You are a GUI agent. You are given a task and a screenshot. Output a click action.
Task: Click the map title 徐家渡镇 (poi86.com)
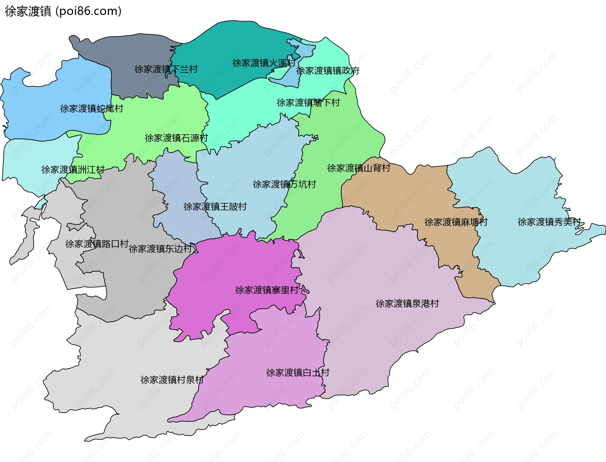click(x=63, y=11)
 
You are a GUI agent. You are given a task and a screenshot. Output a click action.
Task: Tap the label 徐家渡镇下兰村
click(x=166, y=69)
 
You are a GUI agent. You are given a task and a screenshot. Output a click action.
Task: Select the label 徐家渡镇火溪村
click(x=264, y=63)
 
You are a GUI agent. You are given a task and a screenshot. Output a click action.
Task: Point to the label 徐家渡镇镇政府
click(x=328, y=71)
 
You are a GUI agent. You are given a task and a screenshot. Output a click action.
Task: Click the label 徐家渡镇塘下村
click(x=308, y=103)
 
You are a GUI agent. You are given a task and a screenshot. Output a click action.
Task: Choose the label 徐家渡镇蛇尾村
click(x=92, y=109)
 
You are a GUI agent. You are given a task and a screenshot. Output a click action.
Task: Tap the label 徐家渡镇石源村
click(x=176, y=138)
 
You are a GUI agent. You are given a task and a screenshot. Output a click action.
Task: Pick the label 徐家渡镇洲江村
click(x=73, y=170)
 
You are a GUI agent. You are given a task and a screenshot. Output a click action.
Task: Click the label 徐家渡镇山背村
click(x=359, y=168)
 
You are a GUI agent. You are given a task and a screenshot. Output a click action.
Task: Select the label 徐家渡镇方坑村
click(x=284, y=184)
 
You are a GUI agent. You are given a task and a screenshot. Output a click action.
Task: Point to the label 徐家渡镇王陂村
click(x=215, y=207)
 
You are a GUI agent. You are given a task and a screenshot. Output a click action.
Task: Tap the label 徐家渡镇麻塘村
click(x=456, y=222)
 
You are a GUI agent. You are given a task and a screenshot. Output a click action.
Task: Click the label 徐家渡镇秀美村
click(x=549, y=222)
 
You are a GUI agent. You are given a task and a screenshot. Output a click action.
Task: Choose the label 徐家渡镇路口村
click(x=97, y=244)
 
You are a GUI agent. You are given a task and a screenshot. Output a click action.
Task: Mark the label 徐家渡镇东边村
click(x=160, y=249)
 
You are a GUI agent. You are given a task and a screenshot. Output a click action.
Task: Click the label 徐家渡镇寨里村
click(x=267, y=290)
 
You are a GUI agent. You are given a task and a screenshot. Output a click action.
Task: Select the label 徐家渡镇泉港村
click(x=407, y=304)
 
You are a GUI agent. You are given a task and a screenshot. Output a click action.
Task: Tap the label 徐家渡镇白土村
click(x=298, y=373)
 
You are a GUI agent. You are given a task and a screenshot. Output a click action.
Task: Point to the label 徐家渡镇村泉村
click(x=172, y=380)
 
